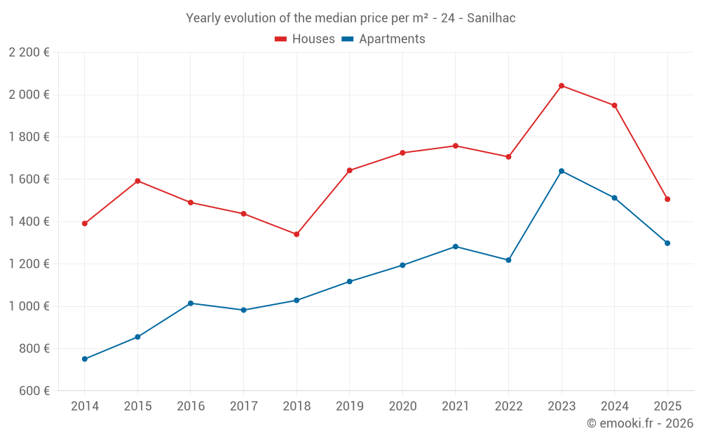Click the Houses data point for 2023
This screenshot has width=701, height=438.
tap(562, 85)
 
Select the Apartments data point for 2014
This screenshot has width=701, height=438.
tap(85, 359)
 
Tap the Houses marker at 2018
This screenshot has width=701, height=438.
tap(297, 234)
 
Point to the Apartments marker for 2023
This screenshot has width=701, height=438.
tap(562, 171)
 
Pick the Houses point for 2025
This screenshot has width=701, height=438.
tap(667, 199)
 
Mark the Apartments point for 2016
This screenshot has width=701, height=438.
tap(191, 303)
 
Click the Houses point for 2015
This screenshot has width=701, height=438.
tap(137, 181)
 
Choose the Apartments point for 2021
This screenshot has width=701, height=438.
tap(456, 247)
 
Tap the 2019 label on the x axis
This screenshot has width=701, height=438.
tap(349, 406)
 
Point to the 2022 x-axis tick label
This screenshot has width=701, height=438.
tap(508, 406)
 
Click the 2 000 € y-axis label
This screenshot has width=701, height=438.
tap(29, 95)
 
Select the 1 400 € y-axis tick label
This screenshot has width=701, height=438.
tap(29, 221)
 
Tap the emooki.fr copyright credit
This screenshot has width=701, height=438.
tap(639, 423)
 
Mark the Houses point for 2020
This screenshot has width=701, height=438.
tap(402, 153)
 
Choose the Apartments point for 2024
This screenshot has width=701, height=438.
tap(615, 198)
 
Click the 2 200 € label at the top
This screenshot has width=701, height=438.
tap(29, 53)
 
